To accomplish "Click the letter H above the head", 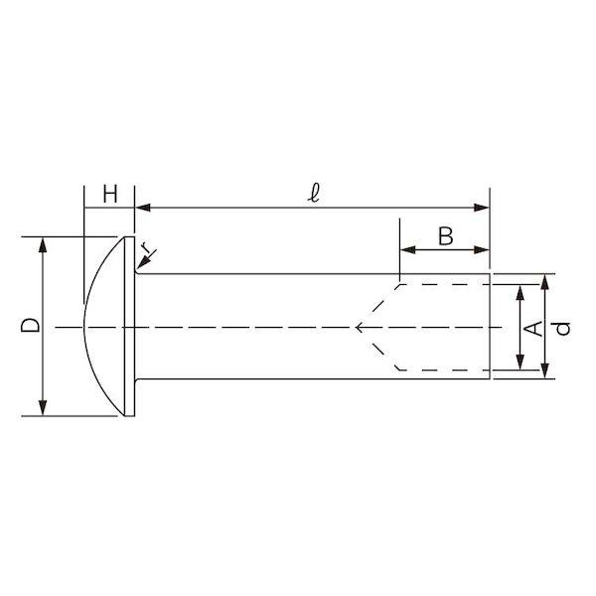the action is (110, 195).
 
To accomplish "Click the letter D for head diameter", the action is (30, 326).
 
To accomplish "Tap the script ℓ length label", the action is (314, 194).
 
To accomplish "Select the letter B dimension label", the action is (445, 236).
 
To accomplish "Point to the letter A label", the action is (533, 329).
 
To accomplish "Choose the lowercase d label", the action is (562, 329).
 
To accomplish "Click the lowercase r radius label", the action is (146, 248).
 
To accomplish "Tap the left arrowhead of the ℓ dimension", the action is (142, 208).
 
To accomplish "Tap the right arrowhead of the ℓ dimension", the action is (482, 208).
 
